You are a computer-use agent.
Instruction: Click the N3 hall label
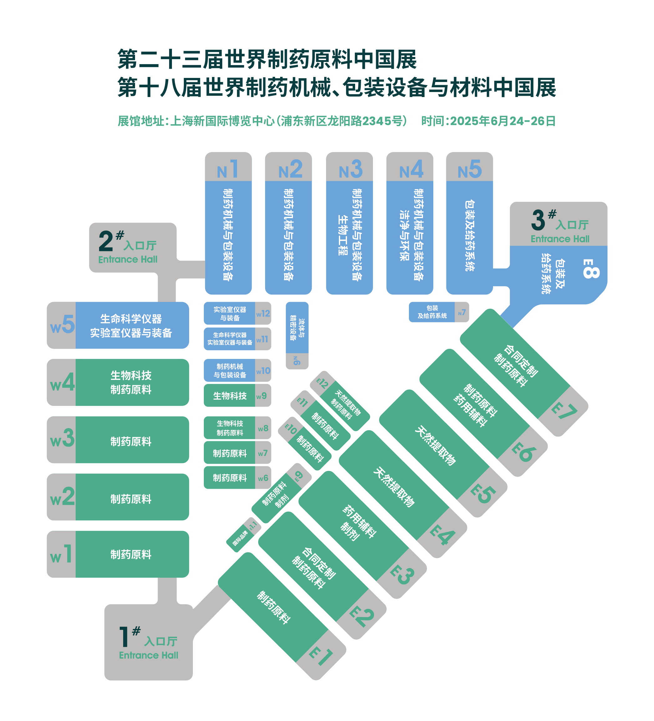[x=350, y=170]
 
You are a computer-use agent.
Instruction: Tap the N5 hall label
[x=469, y=170]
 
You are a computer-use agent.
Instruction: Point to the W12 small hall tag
[x=263, y=314]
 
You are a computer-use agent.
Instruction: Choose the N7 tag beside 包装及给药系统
[x=461, y=313]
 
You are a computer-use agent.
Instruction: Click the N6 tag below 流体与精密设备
[x=297, y=360]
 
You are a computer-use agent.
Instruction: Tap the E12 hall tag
[x=322, y=383]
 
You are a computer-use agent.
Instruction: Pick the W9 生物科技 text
[x=229, y=396]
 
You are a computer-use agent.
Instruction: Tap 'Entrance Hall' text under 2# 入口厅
[x=128, y=260]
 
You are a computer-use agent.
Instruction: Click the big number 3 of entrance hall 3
[x=538, y=220]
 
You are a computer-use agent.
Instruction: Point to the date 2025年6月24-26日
[x=502, y=121]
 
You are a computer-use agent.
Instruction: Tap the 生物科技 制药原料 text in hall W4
[x=131, y=382]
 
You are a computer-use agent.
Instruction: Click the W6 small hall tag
[x=263, y=478]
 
